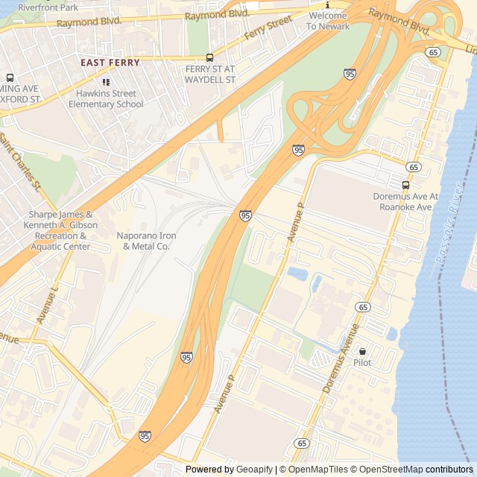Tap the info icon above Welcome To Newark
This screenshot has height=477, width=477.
[x=326, y=4]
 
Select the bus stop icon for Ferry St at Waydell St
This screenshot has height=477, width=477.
[x=209, y=57]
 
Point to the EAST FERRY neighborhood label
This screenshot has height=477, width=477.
[x=110, y=63]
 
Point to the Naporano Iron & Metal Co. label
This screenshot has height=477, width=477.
[x=147, y=241]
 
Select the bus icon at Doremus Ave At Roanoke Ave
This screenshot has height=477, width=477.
[x=405, y=185]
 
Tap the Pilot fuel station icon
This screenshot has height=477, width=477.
[x=363, y=351]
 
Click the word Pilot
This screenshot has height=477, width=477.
[x=362, y=363]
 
